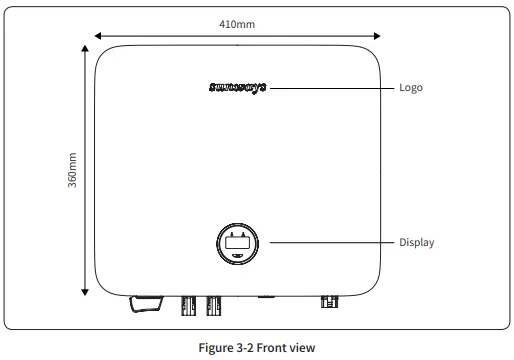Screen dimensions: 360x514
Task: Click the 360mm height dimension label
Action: click(72, 172)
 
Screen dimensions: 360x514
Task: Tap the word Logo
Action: click(411, 88)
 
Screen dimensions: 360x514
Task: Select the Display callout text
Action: click(417, 242)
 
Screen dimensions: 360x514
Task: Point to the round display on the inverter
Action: click(239, 243)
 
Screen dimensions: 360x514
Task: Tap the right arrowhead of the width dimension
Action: click(380, 36)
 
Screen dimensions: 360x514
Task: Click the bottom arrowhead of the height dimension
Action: click(83, 291)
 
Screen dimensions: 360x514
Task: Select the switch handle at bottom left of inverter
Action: click(145, 303)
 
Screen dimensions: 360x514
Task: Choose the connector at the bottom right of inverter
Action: click(327, 300)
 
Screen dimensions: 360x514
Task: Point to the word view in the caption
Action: click(305, 347)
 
